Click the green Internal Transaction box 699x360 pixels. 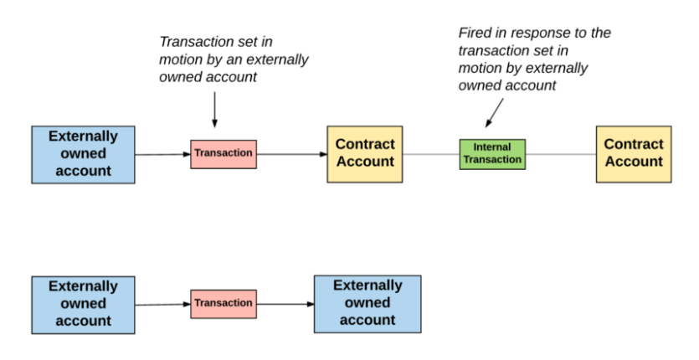point(492,154)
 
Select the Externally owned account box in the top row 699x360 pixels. point(84,154)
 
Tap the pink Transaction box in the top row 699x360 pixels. point(224,154)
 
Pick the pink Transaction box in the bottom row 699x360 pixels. point(224,304)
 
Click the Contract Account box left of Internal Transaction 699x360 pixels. point(365,154)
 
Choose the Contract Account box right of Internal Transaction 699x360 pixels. point(634,154)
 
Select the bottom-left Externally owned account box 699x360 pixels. point(84,305)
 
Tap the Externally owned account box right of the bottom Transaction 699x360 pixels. point(367,304)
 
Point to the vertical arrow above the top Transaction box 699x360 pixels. point(214,110)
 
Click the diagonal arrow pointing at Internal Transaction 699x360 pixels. point(495,113)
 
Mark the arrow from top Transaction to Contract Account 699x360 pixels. point(292,154)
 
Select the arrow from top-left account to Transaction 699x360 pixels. point(162,154)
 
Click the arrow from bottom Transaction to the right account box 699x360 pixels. point(285,304)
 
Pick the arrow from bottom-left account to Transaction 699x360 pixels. point(162,305)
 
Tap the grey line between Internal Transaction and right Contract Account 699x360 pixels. point(561,154)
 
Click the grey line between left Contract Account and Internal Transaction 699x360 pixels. point(431,154)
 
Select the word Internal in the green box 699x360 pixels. point(492,147)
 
